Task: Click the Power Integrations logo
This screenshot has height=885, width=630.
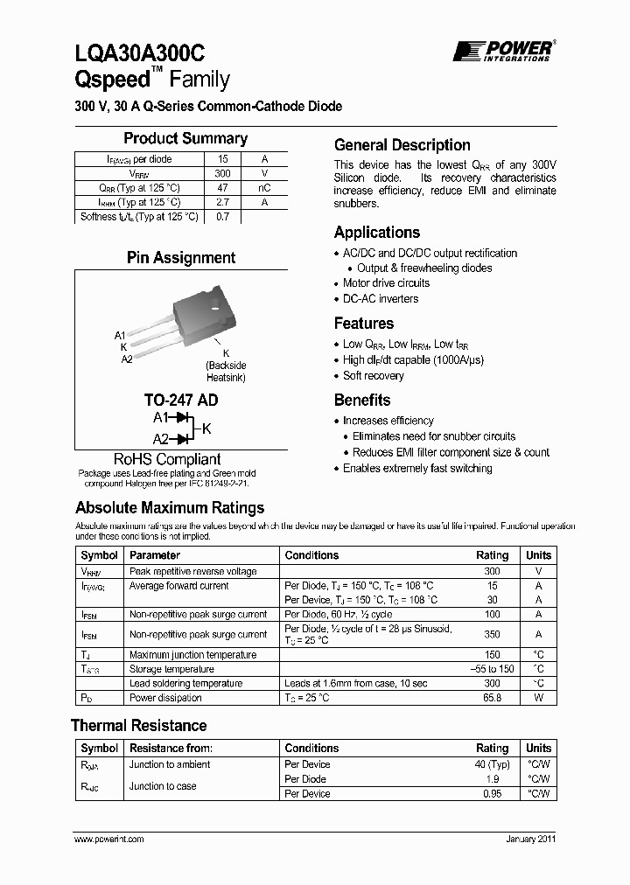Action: point(502,51)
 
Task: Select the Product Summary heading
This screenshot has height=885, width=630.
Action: point(185,138)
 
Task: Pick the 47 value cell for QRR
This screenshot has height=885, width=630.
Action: point(222,188)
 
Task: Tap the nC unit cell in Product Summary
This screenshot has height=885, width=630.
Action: point(264,188)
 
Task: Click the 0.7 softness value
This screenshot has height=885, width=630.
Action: point(222,217)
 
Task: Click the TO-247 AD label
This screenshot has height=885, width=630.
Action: point(181,400)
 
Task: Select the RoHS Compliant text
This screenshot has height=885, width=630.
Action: point(167,459)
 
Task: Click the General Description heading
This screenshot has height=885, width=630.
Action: point(402,145)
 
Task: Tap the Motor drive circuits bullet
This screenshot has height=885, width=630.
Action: point(386,283)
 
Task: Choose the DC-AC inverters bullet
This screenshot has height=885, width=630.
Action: point(381,299)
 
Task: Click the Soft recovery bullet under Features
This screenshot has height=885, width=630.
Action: point(373,376)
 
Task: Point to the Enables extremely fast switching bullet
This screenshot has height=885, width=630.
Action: point(417,469)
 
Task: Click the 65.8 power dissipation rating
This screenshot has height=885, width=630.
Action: point(493,698)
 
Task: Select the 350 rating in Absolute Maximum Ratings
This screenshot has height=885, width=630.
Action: point(493,635)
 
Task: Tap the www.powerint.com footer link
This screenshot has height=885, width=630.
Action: point(109,839)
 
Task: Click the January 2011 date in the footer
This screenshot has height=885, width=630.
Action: point(530,839)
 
